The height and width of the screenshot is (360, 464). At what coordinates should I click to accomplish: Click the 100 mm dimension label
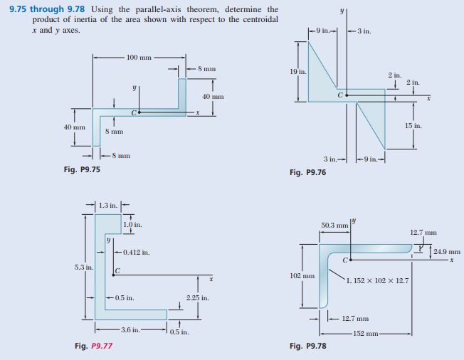139,57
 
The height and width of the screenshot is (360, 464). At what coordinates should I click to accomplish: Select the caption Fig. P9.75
82,169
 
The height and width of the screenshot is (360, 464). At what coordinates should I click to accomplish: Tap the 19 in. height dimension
298,72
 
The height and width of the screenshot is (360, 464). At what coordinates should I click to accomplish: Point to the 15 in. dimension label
413,126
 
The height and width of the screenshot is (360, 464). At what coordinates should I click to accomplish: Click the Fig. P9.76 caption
307,172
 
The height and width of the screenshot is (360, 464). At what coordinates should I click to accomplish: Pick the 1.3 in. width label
108,205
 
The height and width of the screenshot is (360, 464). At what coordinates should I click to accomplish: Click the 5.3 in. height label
84,267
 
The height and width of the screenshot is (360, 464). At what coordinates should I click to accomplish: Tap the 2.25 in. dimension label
198,297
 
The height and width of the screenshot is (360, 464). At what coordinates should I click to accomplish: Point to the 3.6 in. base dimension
130,329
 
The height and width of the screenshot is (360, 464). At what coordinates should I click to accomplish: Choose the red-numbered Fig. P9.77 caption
93,346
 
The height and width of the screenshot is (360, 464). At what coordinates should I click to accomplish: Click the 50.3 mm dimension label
334,226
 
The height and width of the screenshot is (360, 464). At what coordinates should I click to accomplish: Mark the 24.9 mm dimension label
447,252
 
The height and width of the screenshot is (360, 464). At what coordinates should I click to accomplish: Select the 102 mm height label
302,276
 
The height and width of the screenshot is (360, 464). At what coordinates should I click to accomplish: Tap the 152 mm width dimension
366,334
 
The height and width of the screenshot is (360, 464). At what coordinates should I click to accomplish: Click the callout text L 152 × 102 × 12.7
378,281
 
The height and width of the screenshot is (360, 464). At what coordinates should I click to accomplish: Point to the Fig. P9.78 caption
307,346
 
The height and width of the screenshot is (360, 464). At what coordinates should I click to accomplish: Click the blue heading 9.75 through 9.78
47,9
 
